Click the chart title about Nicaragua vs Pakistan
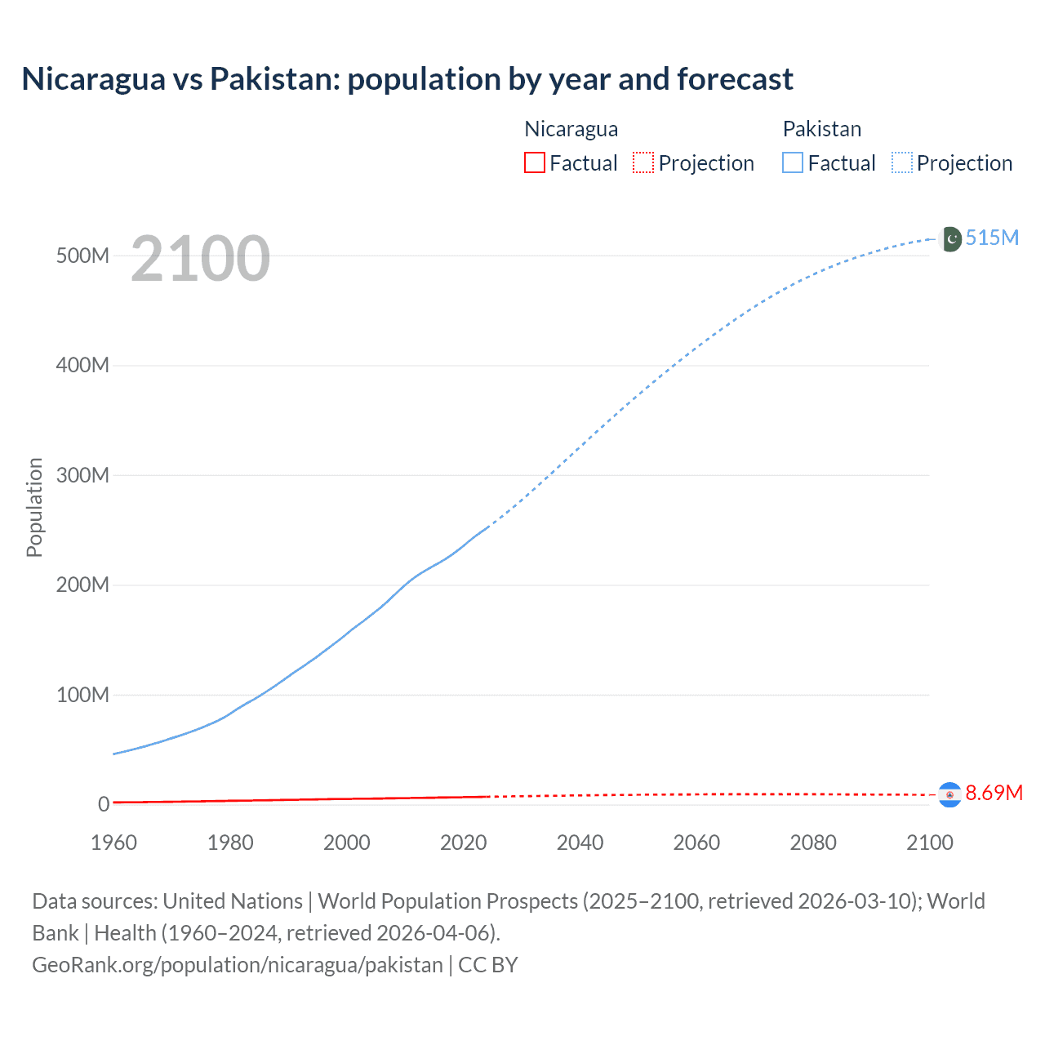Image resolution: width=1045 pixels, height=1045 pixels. (407, 79)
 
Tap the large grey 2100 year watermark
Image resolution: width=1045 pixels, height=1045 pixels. (200, 259)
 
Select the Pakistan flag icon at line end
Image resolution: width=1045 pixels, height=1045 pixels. (951, 238)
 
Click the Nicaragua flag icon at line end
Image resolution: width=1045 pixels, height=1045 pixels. (949, 794)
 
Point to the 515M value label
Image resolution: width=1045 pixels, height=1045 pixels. (992, 238)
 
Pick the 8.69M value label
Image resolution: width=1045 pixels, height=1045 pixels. (994, 793)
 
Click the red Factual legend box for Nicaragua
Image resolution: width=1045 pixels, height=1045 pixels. (535, 163)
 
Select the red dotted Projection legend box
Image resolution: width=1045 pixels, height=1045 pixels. (643, 163)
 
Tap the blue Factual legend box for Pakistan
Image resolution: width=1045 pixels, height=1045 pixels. (793, 163)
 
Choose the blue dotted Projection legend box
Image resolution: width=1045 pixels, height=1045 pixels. (902, 163)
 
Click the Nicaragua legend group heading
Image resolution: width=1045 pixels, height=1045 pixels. (571, 129)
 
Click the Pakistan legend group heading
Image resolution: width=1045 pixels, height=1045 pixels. (821, 129)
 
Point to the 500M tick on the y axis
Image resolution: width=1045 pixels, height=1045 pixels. (82, 256)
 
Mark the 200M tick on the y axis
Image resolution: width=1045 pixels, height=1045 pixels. (82, 585)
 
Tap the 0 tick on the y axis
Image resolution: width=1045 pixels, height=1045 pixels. (104, 804)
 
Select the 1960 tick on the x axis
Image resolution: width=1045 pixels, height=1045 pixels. (113, 843)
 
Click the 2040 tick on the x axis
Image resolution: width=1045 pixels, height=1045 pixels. (580, 843)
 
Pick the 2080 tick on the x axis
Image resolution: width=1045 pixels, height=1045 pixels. (813, 843)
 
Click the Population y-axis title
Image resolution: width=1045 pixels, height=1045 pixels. (34, 507)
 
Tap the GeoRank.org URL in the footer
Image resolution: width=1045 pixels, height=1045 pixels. (237, 965)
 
